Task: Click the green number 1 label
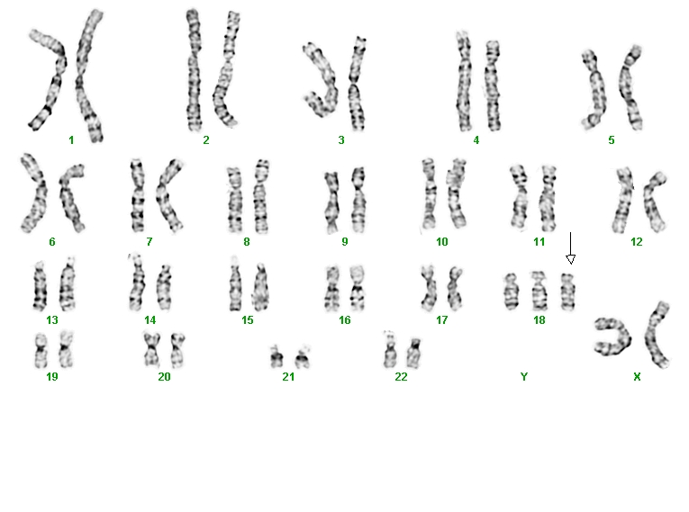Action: tap(71, 140)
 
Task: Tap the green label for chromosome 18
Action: tap(539, 320)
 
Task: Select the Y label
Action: tap(524, 377)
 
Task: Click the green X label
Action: tap(637, 377)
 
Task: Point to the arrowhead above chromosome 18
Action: tap(570, 259)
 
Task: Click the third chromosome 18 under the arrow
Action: tap(567, 292)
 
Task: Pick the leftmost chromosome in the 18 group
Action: tap(511, 292)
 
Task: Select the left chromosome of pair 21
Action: tap(277, 357)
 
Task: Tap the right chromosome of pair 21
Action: tap(303, 357)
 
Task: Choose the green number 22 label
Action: tap(401, 377)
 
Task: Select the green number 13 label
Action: tap(52, 320)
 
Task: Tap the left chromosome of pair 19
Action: tap(41, 351)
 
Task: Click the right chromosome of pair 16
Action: tap(358, 289)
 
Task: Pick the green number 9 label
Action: tap(344, 242)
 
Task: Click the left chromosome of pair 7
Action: tap(138, 196)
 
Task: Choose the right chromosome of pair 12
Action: tap(654, 202)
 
